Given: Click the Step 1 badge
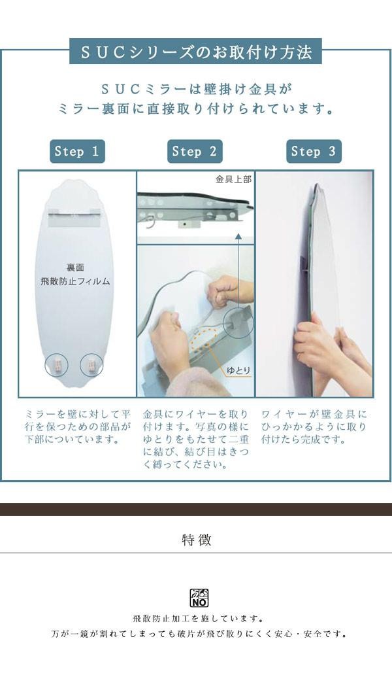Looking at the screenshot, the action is click(78, 151).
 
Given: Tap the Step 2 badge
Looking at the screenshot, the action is click(195, 151).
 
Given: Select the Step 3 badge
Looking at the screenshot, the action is click(314, 151).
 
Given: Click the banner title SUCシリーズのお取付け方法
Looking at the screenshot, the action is click(196, 52).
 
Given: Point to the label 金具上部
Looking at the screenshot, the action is click(234, 179).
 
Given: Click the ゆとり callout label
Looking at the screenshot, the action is click(238, 371).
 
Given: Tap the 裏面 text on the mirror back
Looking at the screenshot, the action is click(75, 268).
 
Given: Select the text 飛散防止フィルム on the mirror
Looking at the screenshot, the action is click(75, 281).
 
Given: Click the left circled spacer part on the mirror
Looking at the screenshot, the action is click(57, 364).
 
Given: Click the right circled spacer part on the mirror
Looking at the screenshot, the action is click(91, 364).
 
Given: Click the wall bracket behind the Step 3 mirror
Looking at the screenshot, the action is click(304, 264).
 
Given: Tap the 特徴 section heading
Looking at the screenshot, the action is click(197, 540).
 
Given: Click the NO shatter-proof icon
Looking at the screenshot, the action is click(199, 598).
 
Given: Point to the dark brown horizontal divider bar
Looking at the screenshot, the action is click(196, 509).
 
